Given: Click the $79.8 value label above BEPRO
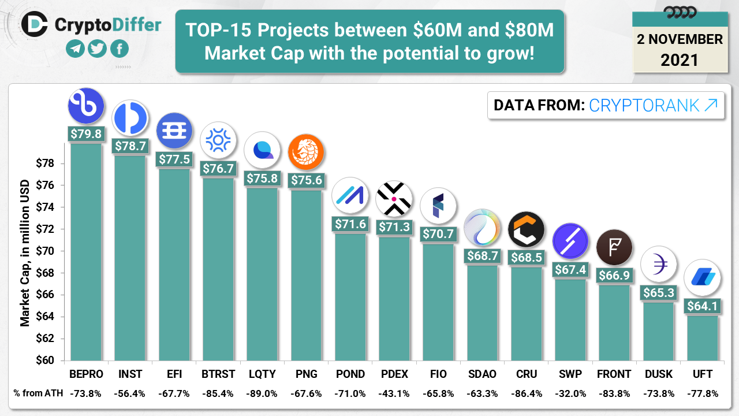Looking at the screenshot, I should [85, 134].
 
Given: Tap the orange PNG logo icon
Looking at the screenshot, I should [306, 152].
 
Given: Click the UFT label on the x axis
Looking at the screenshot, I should [702, 374].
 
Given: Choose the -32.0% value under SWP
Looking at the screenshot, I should [570, 393].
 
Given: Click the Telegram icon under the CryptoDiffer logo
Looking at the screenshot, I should [75, 49].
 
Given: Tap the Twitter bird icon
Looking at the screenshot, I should [97, 49].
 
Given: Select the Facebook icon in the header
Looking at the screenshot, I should [119, 49].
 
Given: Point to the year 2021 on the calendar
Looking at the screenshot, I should [680, 60].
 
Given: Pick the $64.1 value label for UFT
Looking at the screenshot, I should [702, 306].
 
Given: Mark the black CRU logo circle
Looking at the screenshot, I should [526, 229].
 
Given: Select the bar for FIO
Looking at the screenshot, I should [438, 301].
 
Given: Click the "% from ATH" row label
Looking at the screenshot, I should [36, 393].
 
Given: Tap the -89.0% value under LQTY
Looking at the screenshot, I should [262, 393].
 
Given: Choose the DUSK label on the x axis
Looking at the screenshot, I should [658, 374].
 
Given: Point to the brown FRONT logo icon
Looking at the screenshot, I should [614, 247].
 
